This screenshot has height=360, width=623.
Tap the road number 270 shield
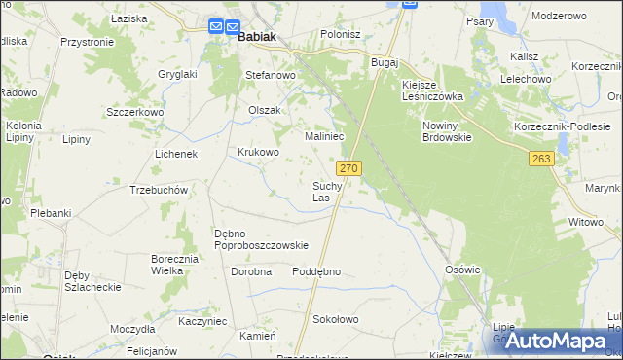350,168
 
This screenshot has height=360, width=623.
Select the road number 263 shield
542,159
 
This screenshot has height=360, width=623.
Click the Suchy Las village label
325,192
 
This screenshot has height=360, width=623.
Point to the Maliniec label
325,137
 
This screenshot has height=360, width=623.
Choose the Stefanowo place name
270,75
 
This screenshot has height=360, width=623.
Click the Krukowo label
258,152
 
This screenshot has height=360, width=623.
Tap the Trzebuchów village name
158,190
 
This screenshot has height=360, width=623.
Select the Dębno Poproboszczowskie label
260,239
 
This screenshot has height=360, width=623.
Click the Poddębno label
316,272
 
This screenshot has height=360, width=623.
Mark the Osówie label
462,270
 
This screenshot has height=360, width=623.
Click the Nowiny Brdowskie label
447,131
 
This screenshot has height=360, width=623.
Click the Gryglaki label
178,74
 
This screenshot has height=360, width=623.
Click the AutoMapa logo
551,340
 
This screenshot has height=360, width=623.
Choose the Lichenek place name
176,154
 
